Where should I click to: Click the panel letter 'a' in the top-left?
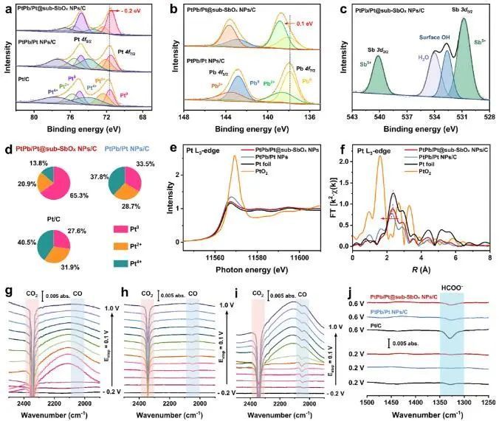pos(6,10)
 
